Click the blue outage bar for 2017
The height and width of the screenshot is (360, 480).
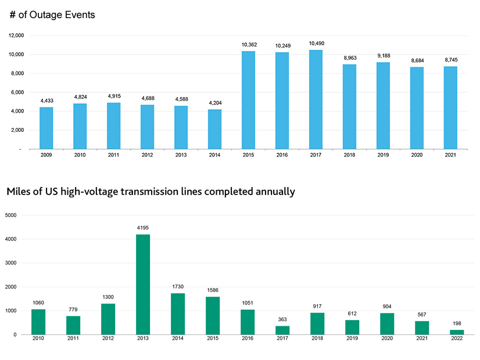pos(316,99)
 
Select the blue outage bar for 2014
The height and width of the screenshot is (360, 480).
pos(214,129)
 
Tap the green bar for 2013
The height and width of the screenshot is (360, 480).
pos(143,285)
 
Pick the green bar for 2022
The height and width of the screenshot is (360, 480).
pos(457,332)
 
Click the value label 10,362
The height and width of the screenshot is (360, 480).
pos(248,44)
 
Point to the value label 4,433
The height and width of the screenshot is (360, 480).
pos(46,100)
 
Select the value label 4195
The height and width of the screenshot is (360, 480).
pos(143,228)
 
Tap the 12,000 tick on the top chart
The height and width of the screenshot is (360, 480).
pos(16,35)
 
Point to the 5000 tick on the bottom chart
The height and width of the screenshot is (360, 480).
pos(11,215)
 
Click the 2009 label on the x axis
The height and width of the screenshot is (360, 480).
pos(46,155)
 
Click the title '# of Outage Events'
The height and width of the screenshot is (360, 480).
pos(52,15)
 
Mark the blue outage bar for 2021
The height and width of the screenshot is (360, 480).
pos(450,107)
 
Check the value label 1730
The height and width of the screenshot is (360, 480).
pos(178,287)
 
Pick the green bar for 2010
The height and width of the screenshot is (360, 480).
pos(38,322)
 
